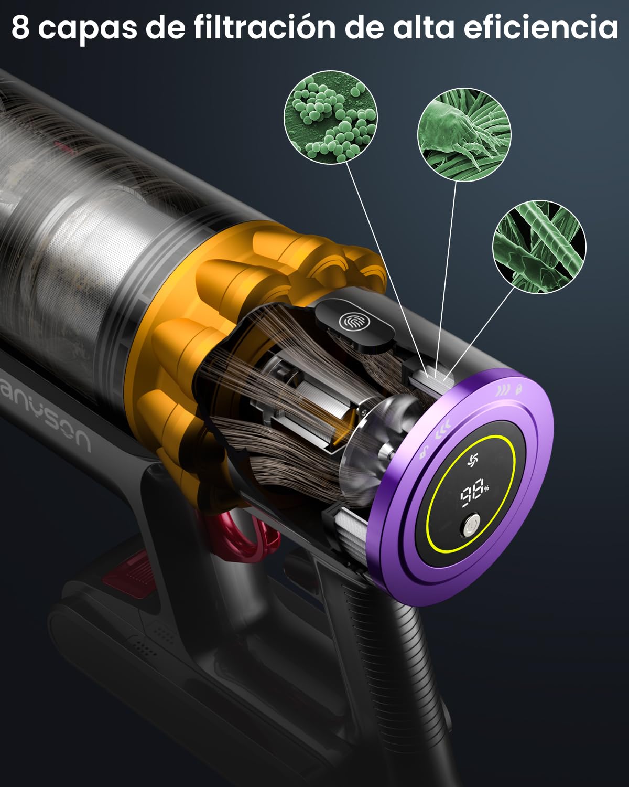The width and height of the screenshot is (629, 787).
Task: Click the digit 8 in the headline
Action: (20, 27)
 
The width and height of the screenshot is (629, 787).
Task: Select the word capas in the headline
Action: (88, 30)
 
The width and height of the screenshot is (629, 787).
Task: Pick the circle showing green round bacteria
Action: (331, 118)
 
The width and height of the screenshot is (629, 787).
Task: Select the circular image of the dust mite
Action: (464, 135)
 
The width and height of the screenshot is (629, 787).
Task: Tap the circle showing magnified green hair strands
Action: (539, 247)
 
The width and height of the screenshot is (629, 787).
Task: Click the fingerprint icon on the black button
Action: (354, 322)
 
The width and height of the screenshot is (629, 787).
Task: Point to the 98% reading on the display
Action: (474, 493)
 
